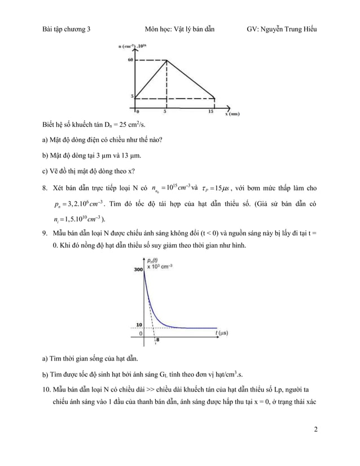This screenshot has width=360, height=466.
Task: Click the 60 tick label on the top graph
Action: pos(129,60)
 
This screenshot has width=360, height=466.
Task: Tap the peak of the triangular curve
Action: pos(166,61)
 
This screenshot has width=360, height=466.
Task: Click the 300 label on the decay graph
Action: pos(138,270)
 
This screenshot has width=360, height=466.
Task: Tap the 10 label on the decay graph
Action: pos(139,325)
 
